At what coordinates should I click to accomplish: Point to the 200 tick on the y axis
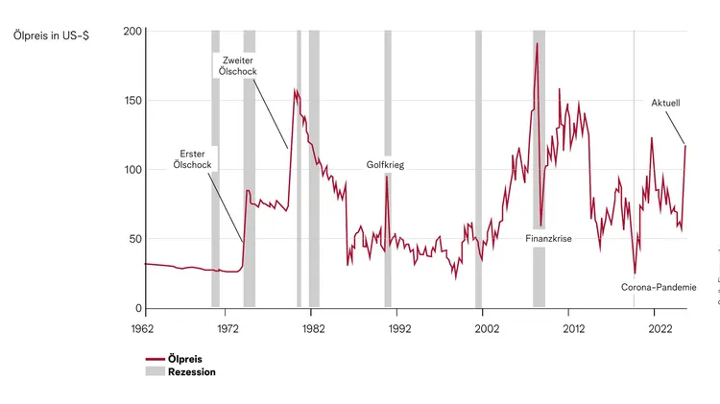pyautogui.click(x=133, y=32)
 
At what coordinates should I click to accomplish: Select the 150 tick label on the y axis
pyautogui.click(x=133, y=101)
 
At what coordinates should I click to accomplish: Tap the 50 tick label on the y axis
pyautogui.click(x=136, y=239)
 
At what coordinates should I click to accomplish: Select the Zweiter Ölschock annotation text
pyautogui.click(x=237, y=66)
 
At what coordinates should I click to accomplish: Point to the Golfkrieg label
pyautogui.click(x=385, y=165)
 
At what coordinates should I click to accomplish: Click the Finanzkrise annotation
pyautogui.click(x=548, y=238)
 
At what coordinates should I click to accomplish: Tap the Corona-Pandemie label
pyautogui.click(x=658, y=286)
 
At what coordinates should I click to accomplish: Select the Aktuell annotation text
pyautogui.click(x=665, y=102)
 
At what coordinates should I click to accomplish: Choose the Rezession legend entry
pyautogui.click(x=191, y=372)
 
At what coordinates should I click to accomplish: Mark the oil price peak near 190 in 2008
pyautogui.click(x=537, y=43)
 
